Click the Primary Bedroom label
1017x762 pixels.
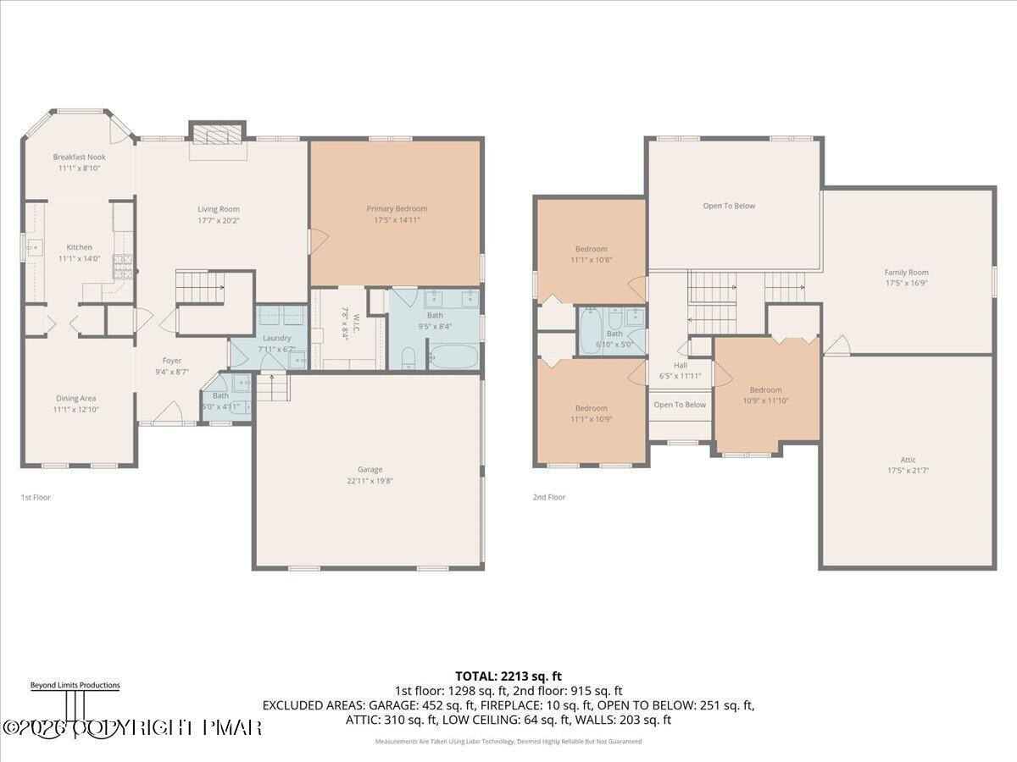(397, 208)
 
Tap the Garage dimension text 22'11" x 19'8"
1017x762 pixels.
(370, 481)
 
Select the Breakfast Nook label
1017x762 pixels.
(79, 157)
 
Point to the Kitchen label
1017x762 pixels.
(80, 247)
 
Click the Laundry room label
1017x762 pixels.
(276, 338)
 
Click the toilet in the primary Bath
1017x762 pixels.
(408, 356)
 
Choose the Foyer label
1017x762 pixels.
(172, 360)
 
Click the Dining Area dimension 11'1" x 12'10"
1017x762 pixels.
(75, 410)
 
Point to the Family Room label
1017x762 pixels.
(906, 273)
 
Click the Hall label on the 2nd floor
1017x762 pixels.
(681, 365)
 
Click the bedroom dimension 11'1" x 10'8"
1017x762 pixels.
(591, 260)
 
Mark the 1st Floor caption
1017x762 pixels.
(36, 498)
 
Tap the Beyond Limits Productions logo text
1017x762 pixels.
(75, 686)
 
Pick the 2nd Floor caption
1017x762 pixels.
(548, 498)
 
